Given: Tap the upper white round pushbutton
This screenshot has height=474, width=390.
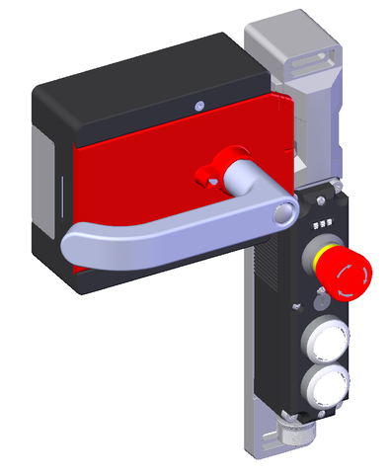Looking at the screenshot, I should coord(324,339).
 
